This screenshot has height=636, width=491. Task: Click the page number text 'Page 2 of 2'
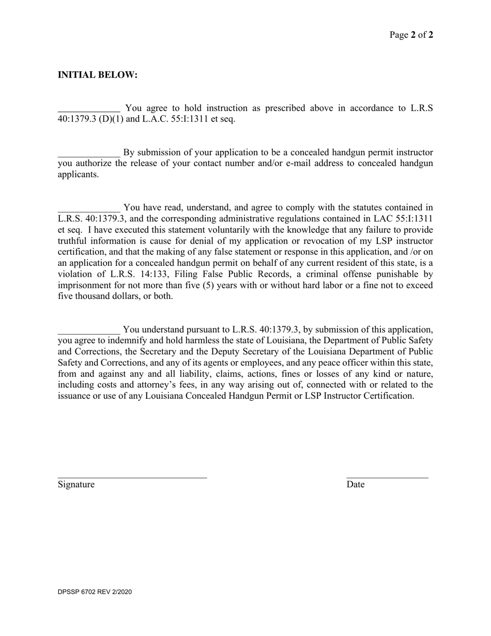click(x=411, y=35)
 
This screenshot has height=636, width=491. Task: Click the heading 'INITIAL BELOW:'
click(x=98, y=75)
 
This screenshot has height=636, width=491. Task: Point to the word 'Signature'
click(x=76, y=484)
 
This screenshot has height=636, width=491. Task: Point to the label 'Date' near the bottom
click(x=356, y=484)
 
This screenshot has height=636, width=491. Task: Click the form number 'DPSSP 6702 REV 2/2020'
click(x=95, y=592)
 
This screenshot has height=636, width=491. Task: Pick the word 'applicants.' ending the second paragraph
click(x=78, y=174)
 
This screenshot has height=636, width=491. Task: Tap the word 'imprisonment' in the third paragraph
click(x=84, y=285)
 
